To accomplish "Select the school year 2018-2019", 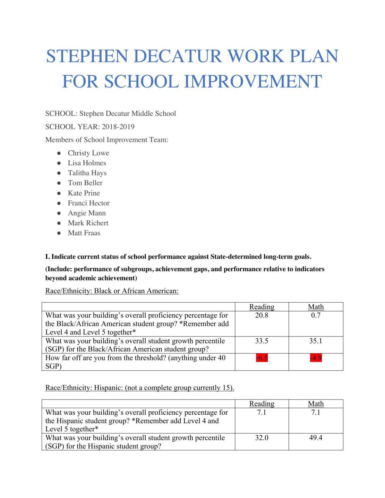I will (x=118, y=127).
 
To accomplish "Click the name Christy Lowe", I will (x=88, y=153).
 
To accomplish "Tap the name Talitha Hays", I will (x=87, y=173).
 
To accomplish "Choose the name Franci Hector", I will (x=89, y=203).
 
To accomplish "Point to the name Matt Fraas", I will (x=84, y=233).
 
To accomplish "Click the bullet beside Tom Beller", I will (x=59, y=183).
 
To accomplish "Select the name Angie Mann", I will (x=87, y=213).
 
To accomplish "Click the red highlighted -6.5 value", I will (x=262, y=358).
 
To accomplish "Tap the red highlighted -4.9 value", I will (x=316, y=358).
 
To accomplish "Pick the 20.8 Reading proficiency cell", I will (x=262, y=315).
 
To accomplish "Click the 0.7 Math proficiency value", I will (x=316, y=315).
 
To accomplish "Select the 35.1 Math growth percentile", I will (x=316, y=341).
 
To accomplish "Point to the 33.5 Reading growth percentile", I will (x=262, y=341).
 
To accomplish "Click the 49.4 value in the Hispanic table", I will (x=316, y=438).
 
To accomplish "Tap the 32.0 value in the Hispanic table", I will (x=262, y=438).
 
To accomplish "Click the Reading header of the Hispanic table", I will (x=262, y=404).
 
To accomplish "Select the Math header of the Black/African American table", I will (x=316, y=307).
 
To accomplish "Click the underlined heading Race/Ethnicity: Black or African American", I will (x=112, y=291).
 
